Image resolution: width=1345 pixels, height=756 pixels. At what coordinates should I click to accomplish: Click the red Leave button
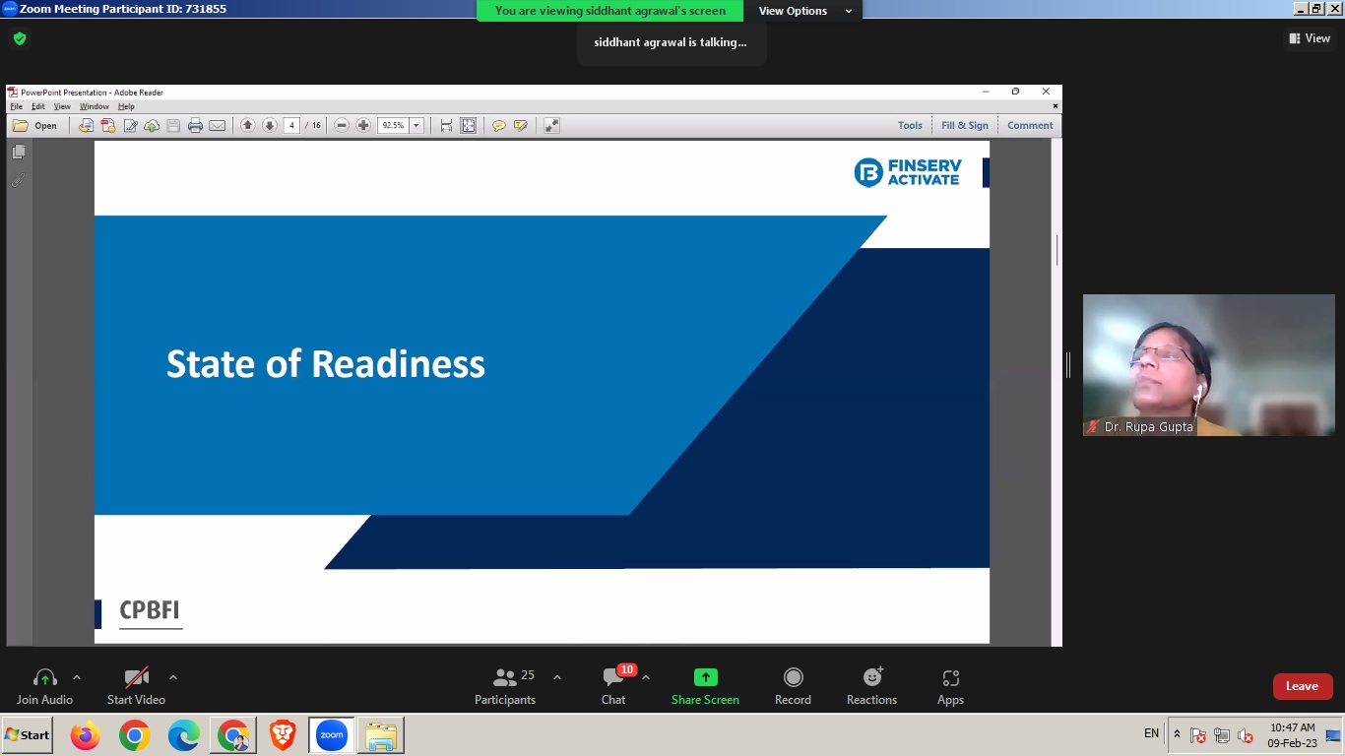tap(1303, 686)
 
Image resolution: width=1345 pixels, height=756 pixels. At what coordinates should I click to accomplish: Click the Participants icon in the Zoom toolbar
tap(504, 677)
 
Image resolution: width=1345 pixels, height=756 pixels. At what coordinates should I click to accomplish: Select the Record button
tap(794, 677)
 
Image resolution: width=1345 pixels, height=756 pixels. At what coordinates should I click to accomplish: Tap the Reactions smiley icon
tap(872, 676)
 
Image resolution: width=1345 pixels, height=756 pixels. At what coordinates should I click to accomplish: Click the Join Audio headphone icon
tap(45, 677)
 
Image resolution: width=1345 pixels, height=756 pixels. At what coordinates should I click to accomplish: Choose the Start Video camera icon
tap(136, 677)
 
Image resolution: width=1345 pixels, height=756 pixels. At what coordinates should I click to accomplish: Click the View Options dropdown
tap(804, 11)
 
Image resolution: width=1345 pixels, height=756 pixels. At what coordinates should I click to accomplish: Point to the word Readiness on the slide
tap(398, 364)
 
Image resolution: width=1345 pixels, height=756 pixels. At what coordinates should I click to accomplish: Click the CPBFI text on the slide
tap(150, 609)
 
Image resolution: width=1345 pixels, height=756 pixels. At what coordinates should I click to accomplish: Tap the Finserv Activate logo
tap(907, 173)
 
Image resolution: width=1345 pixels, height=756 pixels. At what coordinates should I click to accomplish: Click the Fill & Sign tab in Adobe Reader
tap(964, 125)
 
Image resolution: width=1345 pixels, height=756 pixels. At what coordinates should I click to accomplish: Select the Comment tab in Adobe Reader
tap(1030, 125)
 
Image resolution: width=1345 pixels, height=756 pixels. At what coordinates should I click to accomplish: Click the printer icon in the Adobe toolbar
tap(195, 125)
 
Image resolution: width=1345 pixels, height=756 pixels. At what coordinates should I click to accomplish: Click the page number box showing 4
tap(291, 125)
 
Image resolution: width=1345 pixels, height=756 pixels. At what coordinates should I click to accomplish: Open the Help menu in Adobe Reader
tap(126, 106)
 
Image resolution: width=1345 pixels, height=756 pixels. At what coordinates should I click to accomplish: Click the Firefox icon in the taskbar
tap(85, 735)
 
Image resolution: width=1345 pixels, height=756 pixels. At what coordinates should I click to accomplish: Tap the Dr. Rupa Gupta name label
tap(1148, 427)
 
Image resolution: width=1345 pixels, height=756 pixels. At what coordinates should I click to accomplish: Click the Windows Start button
tap(28, 735)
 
